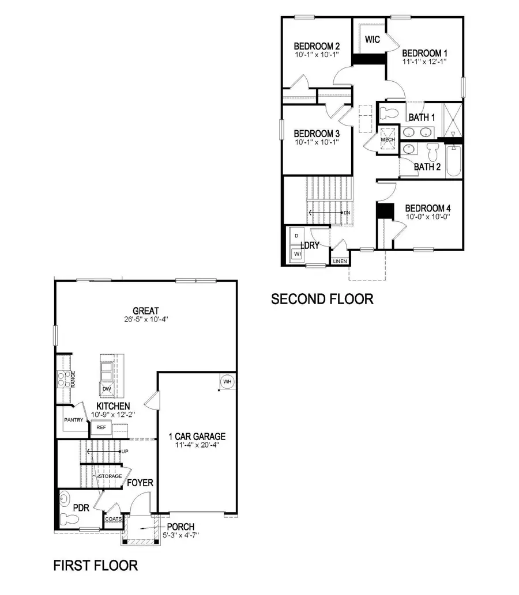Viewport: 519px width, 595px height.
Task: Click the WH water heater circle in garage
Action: pyautogui.click(x=227, y=381)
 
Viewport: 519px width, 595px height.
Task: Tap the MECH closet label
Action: pyautogui.click(x=387, y=140)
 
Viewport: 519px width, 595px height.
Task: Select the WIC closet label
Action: pyautogui.click(x=373, y=40)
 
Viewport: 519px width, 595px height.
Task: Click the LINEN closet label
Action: pyautogui.click(x=340, y=262)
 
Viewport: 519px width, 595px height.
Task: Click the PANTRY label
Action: pyautogui.click(x=74, y=420)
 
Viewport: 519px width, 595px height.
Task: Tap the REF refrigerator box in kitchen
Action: pyautogui.click(x=101, y=427)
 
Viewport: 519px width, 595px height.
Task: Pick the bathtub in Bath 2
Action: pyautogui.click(x=453, y=161)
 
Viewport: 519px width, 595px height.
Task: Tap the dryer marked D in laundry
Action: pyautogui.click(x=297, y=236)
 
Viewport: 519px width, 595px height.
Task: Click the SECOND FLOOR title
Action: pyautogui.click(x=322, y=299)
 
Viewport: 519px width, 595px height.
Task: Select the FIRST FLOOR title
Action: pyautogui.click(x=96, y=565)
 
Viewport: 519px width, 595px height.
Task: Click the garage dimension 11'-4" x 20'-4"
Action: pyautogui.click(x=197, y=445)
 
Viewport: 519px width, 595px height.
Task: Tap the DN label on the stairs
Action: pyautogui.click(x=347, y=213)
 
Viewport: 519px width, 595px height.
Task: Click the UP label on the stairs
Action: pyautogui.click(x=125, y=451)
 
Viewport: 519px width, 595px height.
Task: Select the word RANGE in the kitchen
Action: pyautogui.click(x=73, y=378)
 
